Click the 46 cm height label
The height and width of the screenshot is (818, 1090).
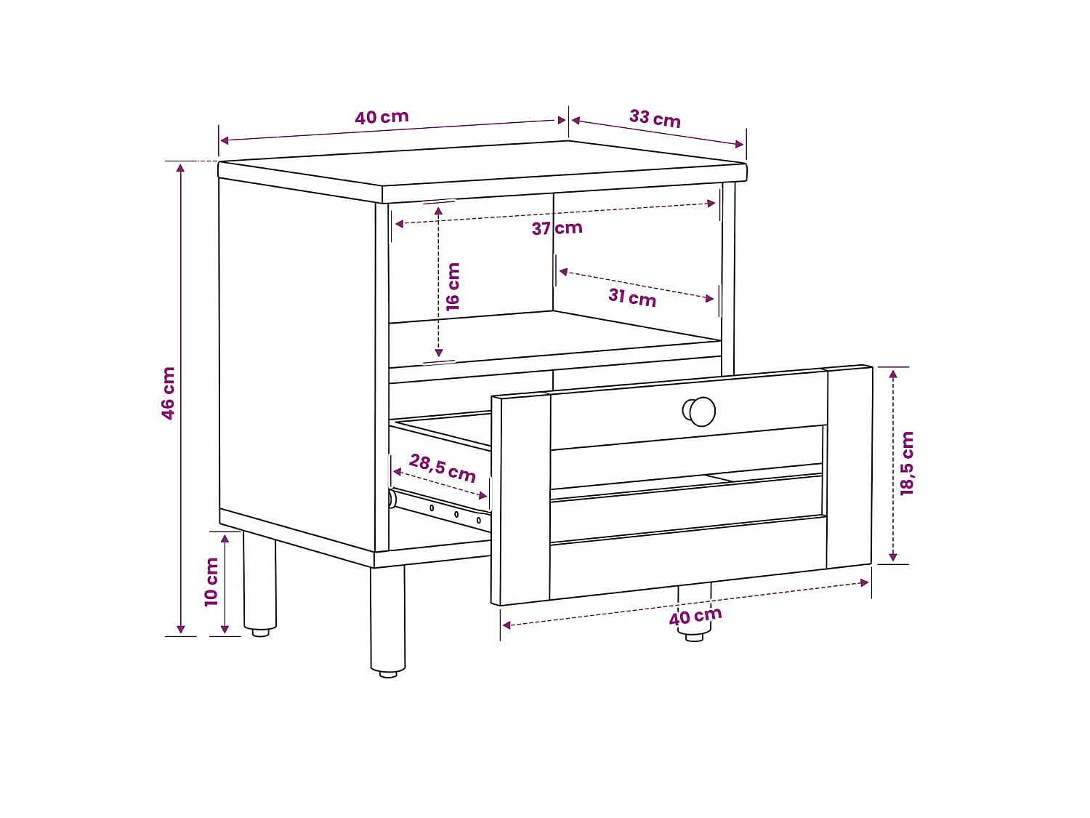169,393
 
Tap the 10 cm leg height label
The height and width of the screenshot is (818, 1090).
211,582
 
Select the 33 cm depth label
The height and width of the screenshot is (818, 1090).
655,119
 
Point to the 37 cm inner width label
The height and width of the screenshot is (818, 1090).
557,228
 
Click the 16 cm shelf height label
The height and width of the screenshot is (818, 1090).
453,287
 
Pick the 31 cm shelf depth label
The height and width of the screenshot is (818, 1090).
632,297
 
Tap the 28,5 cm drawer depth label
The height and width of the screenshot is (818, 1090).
442,468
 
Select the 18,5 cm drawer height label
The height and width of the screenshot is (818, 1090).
907,463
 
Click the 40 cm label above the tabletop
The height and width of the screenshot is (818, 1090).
381,117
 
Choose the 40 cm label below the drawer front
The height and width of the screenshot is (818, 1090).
695,617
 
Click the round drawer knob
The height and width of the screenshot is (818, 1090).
699,412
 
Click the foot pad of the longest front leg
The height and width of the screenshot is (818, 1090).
388,674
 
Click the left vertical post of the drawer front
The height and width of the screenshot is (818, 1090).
520,499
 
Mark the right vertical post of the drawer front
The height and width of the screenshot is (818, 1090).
849,468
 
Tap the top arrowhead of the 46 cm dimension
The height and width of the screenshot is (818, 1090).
181,168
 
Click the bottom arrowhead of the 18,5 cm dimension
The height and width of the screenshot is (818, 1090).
893,557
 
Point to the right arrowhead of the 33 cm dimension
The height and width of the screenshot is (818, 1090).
740,144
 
